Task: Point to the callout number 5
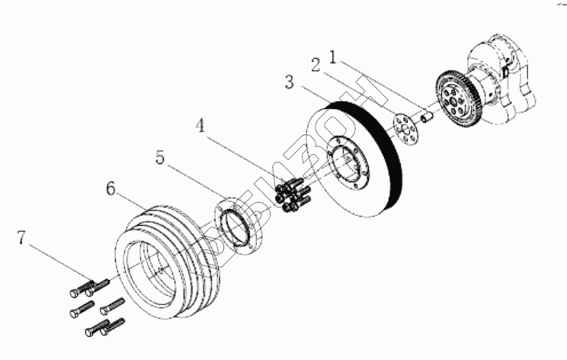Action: pos(160,158)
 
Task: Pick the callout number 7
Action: pos(23,239)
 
